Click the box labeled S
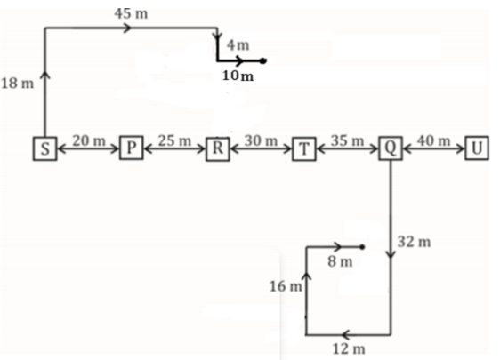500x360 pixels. [x=45, y=148]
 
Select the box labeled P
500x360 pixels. [x=132, y=148]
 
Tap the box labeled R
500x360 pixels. [x=217, y=148]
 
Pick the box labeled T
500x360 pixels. [x=304, y=148]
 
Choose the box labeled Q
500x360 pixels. [x=391, y=148]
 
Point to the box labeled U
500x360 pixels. [x=477, y=148]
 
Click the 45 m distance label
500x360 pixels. [x=131, y=13]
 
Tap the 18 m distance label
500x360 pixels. [x=18, y=84]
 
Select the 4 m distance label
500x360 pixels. [x=238, y=45]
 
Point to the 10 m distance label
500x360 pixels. [x=238, y=76]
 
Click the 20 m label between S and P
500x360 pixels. [x=89, y=140]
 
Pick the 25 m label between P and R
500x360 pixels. [x=174, y=140]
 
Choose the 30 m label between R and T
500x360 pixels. [x=261, y=140]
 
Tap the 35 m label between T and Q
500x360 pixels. [x=347, y=140]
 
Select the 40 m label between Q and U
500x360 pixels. [x=433, y=140]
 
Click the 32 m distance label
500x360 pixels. [x=414, y=242]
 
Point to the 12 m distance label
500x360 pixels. [x=349, y=349]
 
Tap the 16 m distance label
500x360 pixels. [x=286, y=286]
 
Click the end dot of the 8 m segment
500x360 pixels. [x=362, y=246]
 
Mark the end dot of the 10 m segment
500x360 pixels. [x=262, y=60]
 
